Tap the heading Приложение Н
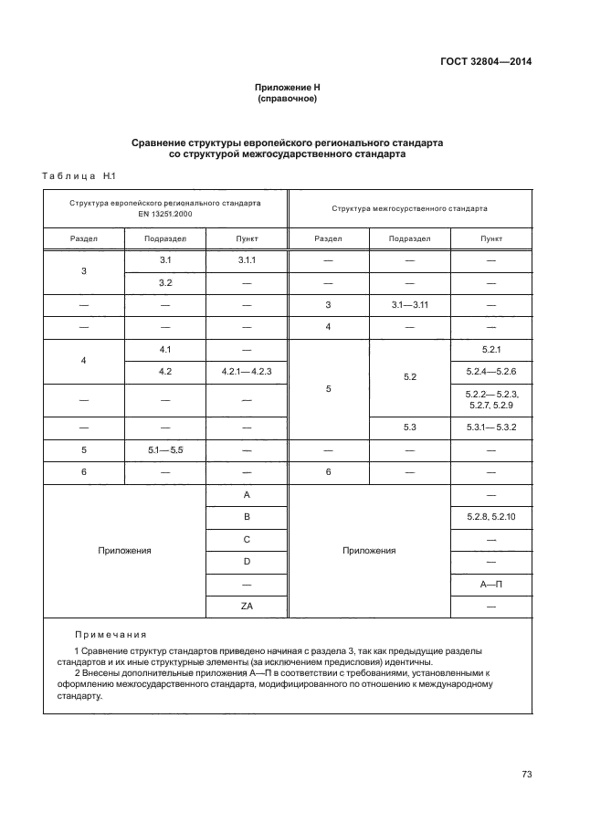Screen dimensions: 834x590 [288, 88]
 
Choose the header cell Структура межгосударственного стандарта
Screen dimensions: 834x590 [409, 207]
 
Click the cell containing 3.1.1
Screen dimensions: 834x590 [247, 261]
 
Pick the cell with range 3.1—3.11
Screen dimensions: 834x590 [409, 305]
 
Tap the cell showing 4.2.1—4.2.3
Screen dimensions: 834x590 [247, 372]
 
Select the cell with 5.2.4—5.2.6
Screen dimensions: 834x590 [490, 372]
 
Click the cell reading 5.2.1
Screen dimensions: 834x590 [490, 350]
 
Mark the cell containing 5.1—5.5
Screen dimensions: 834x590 [165, 449]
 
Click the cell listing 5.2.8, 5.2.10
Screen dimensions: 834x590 [490, 517]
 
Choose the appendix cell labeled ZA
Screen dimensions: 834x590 [247, 606]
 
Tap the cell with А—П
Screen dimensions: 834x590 [490, 583]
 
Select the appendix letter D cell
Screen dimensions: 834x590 [247, 561]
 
